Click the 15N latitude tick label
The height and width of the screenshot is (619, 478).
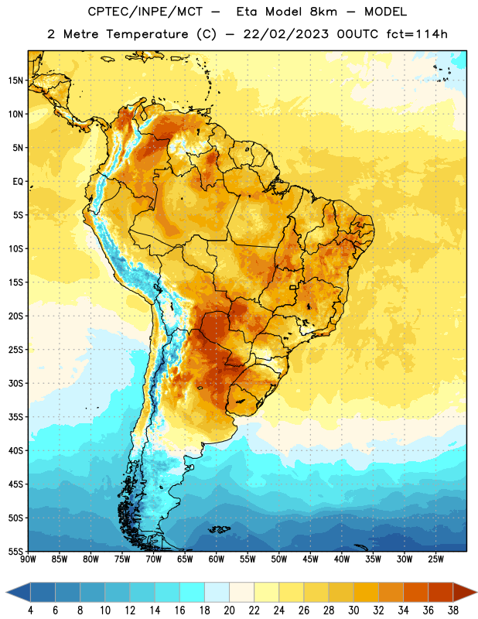pos(15,80)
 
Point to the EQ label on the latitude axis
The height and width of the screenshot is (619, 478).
pos(18,182)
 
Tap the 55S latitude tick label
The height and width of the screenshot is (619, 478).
pos(15,552)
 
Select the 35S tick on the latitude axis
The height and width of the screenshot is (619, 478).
pos(15,417)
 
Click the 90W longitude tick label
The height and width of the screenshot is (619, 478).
pos(28,559)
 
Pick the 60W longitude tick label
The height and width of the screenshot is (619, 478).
pos(217,559)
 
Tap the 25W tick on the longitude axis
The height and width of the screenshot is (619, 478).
pos(435,559)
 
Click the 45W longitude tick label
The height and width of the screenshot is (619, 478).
pos(310,559)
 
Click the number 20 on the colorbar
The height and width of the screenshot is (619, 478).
pos(229,610)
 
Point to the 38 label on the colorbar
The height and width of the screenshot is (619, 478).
pos(453,610)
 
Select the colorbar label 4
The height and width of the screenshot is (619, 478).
pos(30,610)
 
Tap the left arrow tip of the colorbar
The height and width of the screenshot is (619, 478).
pos(6,593)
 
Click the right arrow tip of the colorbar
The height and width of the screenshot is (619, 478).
pos(476,593)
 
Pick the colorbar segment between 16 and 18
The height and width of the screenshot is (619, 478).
pos(192,593)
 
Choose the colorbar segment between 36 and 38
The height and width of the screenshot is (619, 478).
pos(441,593)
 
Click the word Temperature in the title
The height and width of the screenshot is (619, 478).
pos(147,34)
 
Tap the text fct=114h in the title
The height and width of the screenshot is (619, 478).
pos(417,34)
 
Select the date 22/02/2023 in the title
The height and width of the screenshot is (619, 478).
pos(285,34)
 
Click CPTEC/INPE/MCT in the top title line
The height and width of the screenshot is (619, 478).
pos(145,12)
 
